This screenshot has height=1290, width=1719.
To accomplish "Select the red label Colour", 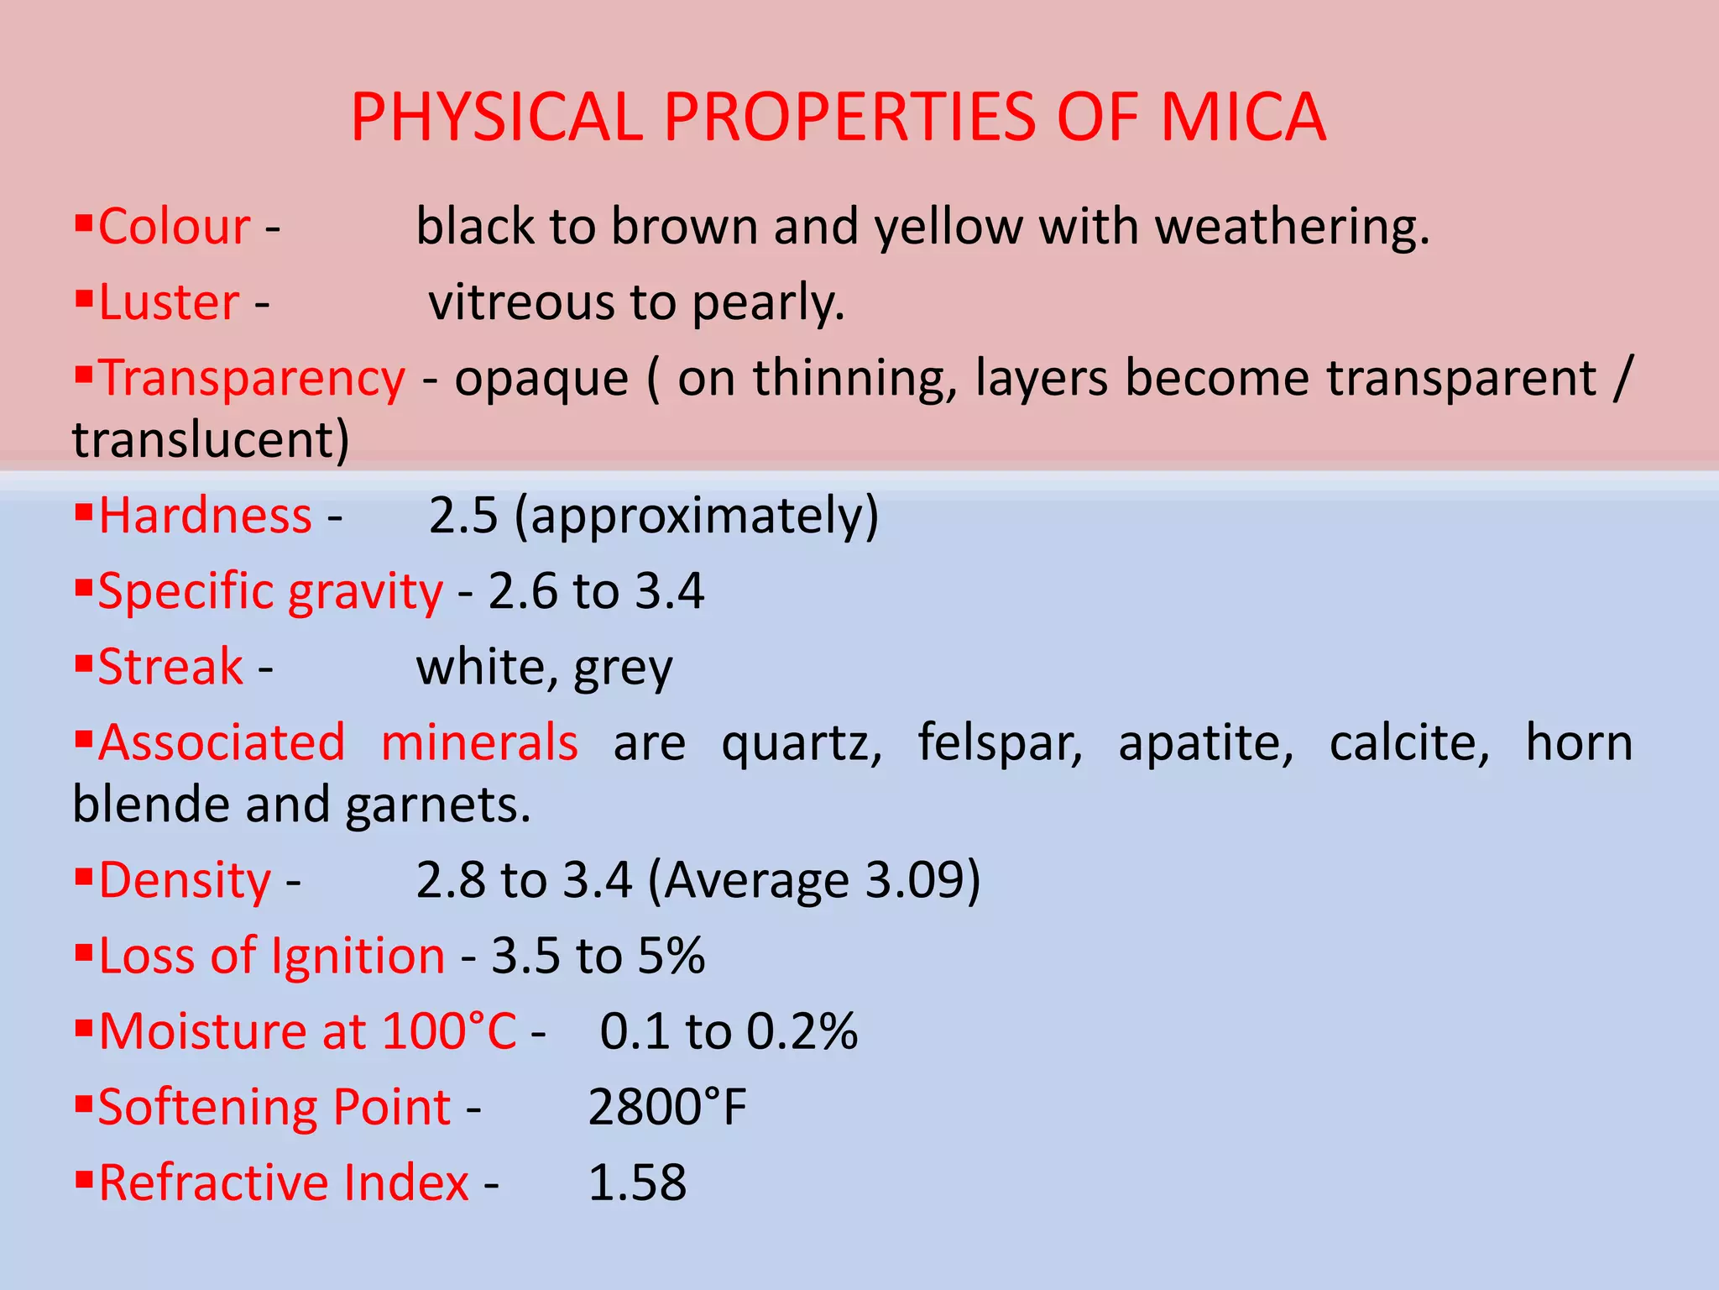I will click(x=174, y=227).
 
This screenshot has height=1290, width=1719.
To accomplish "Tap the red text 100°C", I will click(x=449, y=1032).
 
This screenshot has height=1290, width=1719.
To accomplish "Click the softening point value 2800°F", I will click(x=667, y=1108).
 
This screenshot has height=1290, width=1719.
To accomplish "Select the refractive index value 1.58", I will click(x=637, y=1183).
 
